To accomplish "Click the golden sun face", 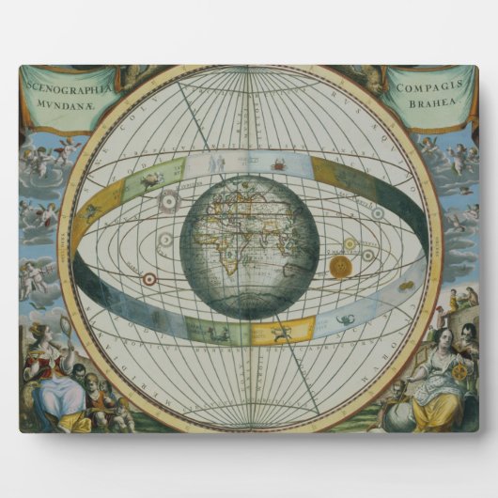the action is click(340, 266).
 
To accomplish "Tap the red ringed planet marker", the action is click(148, 278).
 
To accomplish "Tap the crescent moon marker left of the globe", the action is click(165, 240).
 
